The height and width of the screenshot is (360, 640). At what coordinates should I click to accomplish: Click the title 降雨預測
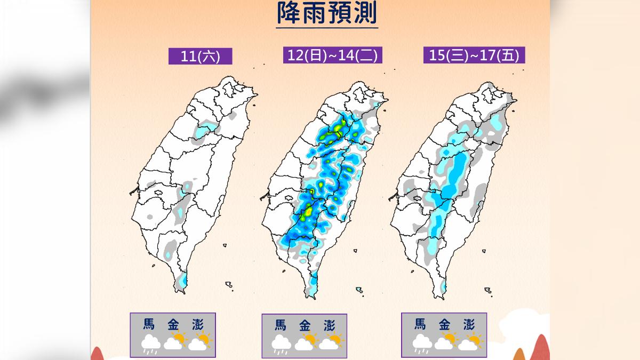coord(327,14)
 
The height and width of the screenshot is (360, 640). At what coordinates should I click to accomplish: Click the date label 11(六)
coord(201,57)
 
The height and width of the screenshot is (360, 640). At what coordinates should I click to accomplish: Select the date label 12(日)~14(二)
coord(333,55)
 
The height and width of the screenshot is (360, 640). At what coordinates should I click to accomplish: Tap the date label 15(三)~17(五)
coord(474,55)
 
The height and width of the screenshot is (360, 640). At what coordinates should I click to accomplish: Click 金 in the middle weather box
coord(305,325)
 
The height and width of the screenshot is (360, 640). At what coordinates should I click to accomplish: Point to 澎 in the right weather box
coord(469,324)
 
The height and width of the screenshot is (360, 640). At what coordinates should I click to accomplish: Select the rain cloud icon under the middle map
coord(281,343)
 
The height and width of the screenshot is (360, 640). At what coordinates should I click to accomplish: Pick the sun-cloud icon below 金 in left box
coord(175,341)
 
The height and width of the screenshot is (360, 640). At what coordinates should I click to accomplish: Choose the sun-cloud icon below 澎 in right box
coord(469,341)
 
